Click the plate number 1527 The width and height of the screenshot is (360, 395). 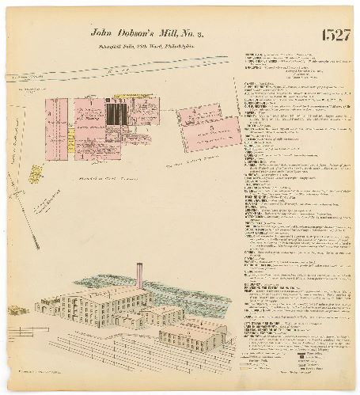[335, 36]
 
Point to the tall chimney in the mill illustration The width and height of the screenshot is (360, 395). [139, 275]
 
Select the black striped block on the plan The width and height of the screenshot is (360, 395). [115, 115]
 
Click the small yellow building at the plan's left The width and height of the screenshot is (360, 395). [36, 173]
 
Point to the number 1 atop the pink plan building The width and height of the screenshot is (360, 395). [92, 101]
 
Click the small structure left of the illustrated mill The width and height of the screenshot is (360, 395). [16, 310]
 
